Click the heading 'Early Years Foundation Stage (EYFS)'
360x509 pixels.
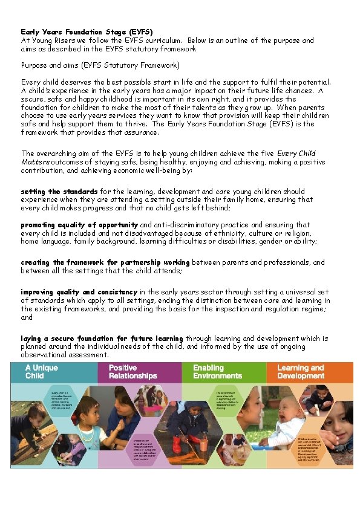pyautogui.click(x=87, y=31)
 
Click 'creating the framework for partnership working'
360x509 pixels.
pyautogui.click(x=105, y=262)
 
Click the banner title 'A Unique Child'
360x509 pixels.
pyautogui.click(x=42, y=372)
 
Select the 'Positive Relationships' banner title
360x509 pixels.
pyautogui.click(x=133, y=372)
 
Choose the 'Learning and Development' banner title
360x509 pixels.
pyautogui.click(x=301, y=372)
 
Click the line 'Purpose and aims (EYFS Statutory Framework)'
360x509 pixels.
pyautogui.click(x=100, y=65)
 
